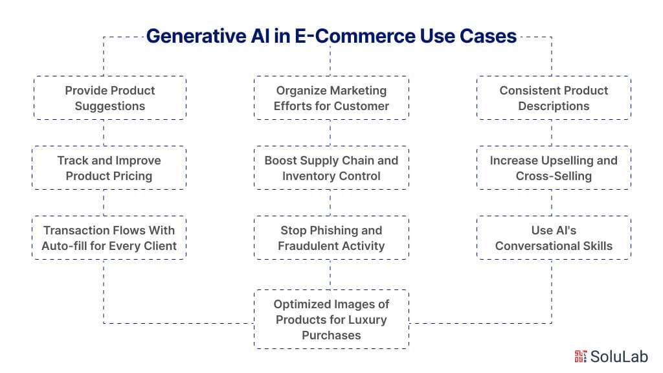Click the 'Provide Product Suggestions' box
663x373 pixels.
109,98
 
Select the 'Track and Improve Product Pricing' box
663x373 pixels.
109,168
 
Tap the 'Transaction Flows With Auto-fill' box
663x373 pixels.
109,238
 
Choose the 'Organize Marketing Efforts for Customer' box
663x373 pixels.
331,98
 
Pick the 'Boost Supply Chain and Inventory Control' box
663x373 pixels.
331,168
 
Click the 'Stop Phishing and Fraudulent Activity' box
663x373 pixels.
331,238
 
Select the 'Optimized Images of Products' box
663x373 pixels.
331,319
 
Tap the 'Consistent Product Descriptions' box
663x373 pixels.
554,98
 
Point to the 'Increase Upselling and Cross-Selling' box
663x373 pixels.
554,168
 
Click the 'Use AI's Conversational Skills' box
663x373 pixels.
554,238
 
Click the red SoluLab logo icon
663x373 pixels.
580,356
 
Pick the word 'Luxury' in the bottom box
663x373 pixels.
366,319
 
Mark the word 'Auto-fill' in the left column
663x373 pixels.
65,245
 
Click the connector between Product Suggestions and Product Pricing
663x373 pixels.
104,133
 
